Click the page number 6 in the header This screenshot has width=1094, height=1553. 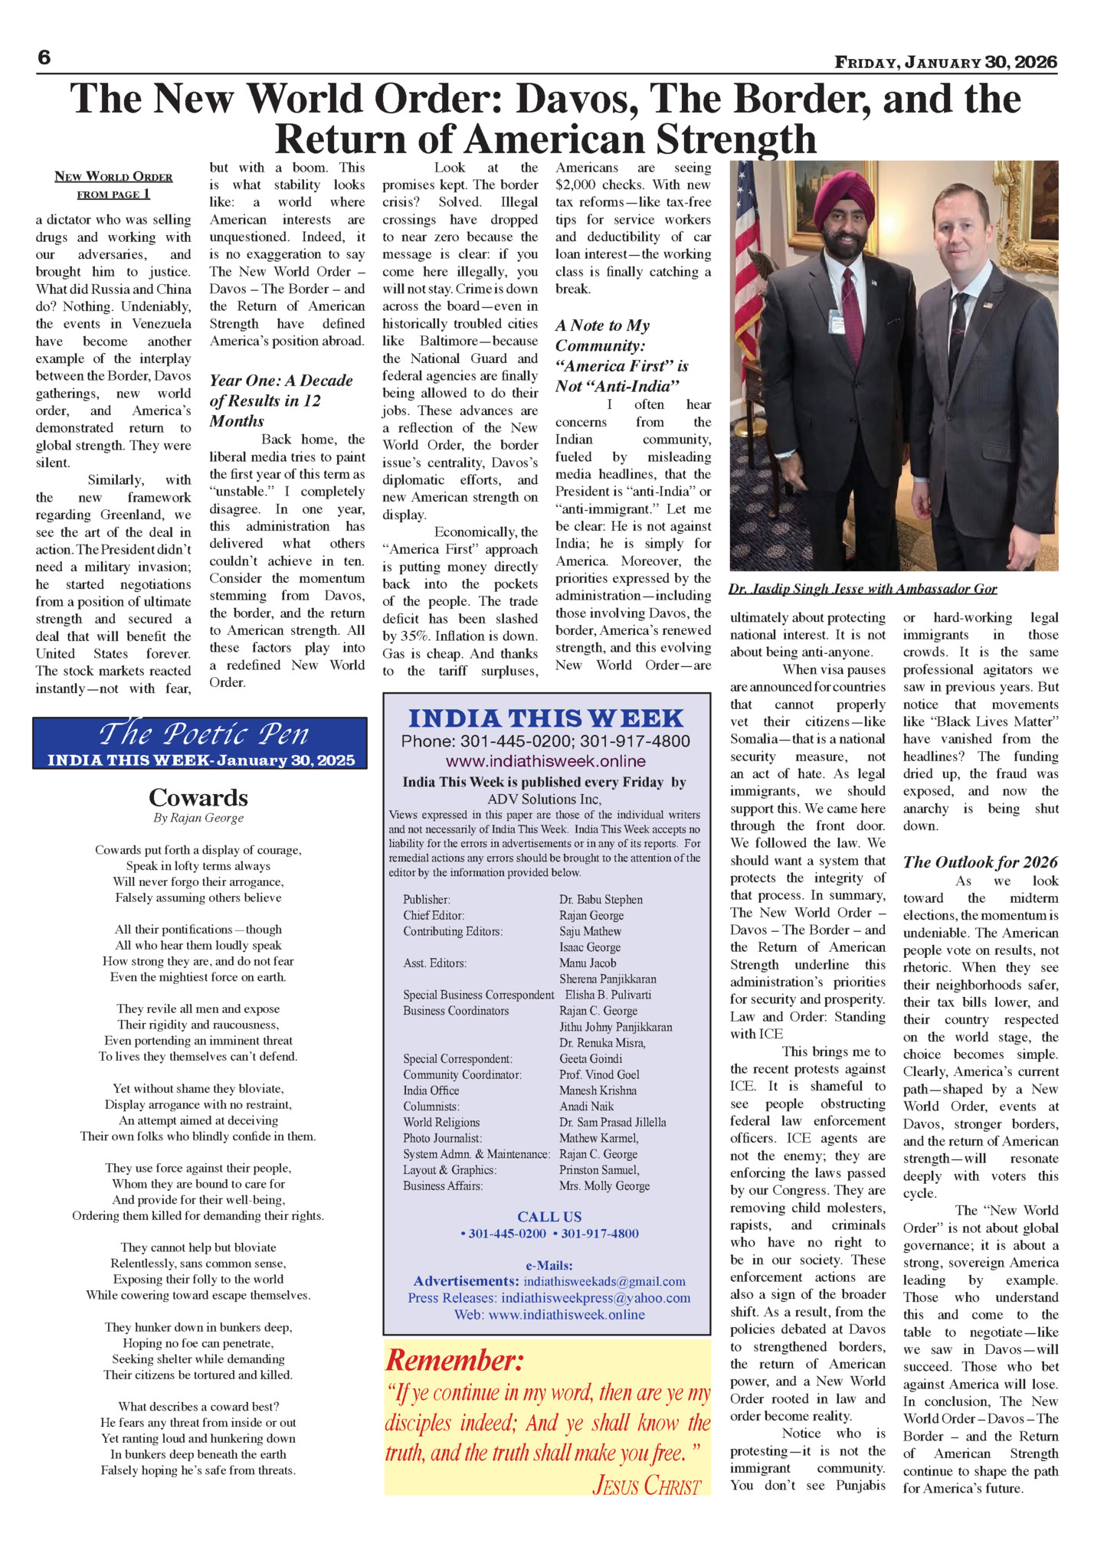[x=44, y=58]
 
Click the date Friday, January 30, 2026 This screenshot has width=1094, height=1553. [x=945, y=63]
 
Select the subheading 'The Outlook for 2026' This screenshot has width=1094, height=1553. [x=980, y=862]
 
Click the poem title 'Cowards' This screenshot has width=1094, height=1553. [x=198, y=797]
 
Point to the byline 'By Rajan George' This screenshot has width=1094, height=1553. [x=198, y=818]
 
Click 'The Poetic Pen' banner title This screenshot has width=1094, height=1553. [x=203, y=734]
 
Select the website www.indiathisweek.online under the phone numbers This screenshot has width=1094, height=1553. [x=545, y=761]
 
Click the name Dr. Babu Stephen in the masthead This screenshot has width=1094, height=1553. [x=601, y=900]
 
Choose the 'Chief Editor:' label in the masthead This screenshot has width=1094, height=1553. [x=434, y=916]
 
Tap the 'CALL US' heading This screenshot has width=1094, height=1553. [x=549, y=1217]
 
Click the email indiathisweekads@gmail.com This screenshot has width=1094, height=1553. [x=604, y=1281]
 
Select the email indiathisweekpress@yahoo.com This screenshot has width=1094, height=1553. [x=595, y=1298]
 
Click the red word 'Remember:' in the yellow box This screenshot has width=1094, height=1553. [x=455, y=1360]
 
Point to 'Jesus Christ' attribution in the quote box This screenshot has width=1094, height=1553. [x=647, y=1486]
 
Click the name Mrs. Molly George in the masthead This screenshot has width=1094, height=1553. [x=604, y=1186]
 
